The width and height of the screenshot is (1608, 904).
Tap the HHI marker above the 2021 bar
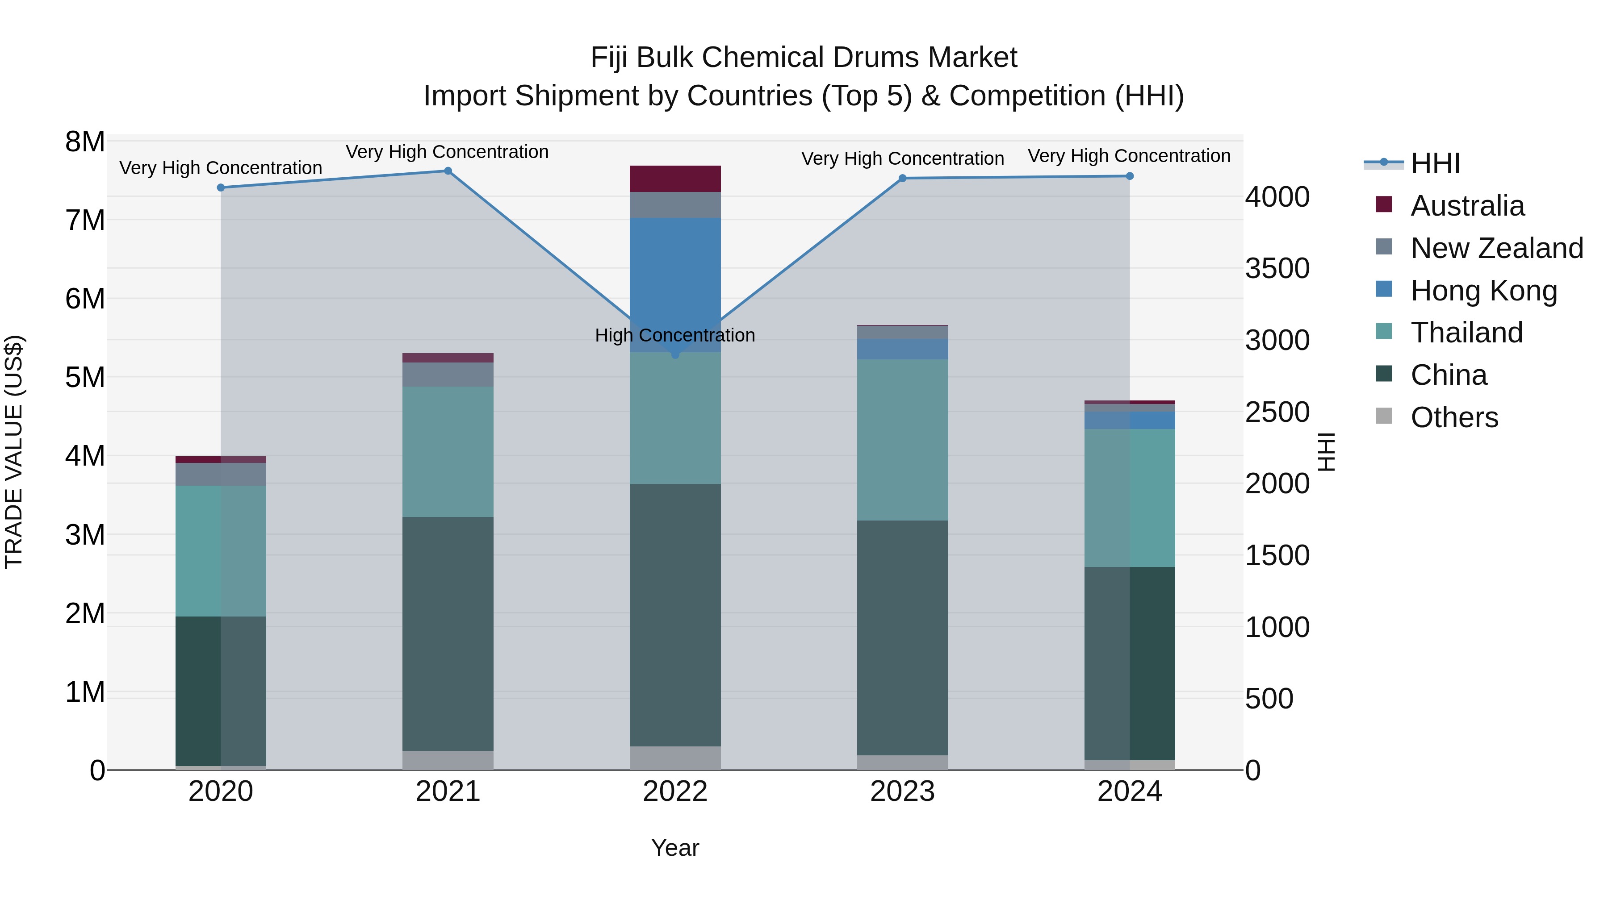(448, 171)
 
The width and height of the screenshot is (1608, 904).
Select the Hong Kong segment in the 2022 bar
(675, 281)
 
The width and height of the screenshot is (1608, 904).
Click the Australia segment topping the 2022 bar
(675, 179)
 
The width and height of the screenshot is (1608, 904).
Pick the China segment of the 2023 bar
(902, 636)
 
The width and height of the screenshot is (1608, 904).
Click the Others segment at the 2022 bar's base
(675, 758)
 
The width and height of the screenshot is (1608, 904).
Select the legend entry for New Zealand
(1496, 248)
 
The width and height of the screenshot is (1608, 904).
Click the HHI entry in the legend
(1434, 163)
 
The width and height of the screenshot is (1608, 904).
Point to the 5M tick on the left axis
(85, 377)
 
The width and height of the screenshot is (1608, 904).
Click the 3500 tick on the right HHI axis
(1277, 269)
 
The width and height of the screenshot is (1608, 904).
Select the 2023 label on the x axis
(902, 792)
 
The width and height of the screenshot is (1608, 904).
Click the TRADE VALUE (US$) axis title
(14, 452)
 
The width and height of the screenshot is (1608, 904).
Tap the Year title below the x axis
(675, 848)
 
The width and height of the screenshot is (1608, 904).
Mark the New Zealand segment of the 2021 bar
(448, 375)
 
